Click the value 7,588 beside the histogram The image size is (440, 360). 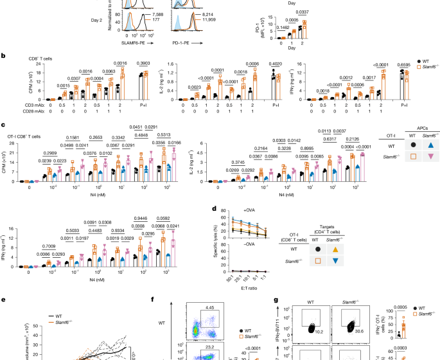click(x=154, y=24)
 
